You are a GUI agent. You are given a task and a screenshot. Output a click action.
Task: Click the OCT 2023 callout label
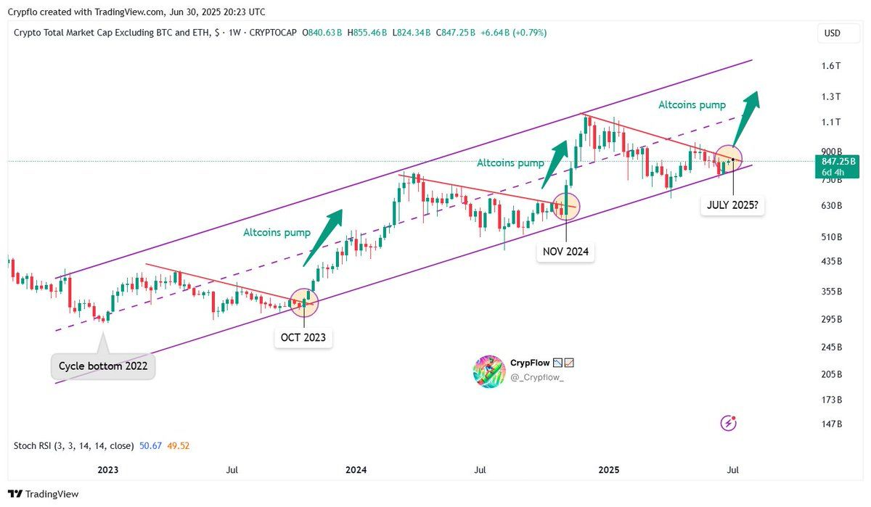coord(303,337)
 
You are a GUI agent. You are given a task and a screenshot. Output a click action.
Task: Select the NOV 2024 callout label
coord(565,252)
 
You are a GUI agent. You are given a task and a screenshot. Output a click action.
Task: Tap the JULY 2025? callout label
coord(732,205)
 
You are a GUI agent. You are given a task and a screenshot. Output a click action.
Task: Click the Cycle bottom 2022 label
coord(102,366)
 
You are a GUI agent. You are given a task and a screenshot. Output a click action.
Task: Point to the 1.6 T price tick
coord(831,65)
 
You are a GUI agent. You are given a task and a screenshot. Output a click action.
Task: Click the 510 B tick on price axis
coord(831,237)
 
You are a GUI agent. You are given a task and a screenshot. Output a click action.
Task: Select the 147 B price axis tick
coord(831,424)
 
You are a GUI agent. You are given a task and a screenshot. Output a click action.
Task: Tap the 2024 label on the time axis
coord(356,470)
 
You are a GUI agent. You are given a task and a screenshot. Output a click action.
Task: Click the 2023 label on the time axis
coord(107,470)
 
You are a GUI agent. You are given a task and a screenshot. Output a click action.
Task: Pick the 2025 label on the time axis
coord(608,470)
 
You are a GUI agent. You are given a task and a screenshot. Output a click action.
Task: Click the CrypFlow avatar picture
coord(488,371)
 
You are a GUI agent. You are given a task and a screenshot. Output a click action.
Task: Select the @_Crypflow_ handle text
coord(537,378)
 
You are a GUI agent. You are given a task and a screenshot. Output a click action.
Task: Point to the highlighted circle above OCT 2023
coord(303,302)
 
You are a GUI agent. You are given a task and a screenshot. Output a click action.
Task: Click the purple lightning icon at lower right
coord(729,423)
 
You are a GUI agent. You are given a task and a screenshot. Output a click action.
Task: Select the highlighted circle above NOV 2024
coord(565,207)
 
